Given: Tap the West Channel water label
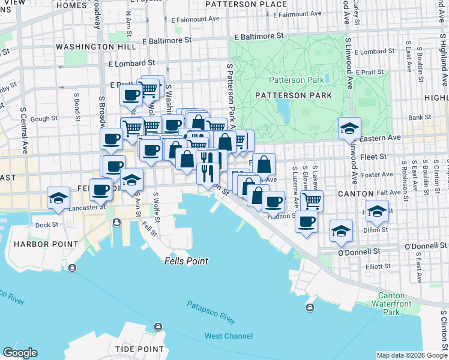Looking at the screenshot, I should (x=229, y=336).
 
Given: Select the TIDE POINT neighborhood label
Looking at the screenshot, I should (x=139, y=349).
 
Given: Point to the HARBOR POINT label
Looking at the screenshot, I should (x=46, y=244).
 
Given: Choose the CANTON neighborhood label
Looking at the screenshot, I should (x=356, y=194).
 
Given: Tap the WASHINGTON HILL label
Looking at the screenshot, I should (x=88, y=46).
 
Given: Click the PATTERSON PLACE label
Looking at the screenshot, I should (x=246, y=4).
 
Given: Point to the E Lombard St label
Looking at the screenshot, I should (x=131, y=62).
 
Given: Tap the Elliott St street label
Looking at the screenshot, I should (x=378, y=266).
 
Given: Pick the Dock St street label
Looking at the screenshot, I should (x=46, y=225).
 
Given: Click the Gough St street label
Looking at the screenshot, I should (x=43, y=119).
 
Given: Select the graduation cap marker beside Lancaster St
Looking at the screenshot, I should (x=58, y=198).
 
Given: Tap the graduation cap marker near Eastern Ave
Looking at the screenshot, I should (x=349, y=128).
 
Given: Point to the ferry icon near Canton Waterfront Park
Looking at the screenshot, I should (x=310, y=308).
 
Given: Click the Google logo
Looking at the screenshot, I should (x=20, y=353).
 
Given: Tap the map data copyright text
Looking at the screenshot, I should (x=412, y=355).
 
